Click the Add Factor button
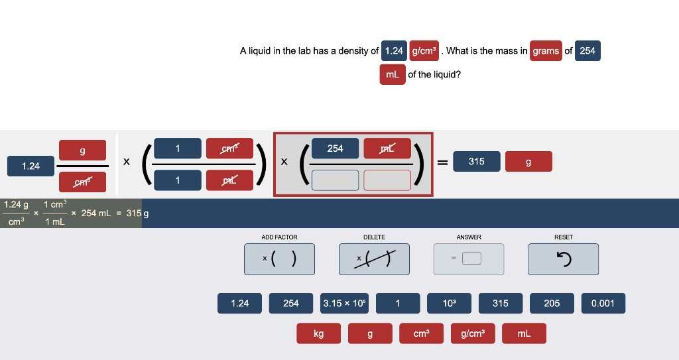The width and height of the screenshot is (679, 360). pos(279,259)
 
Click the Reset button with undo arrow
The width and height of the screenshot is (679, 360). pos(564,259)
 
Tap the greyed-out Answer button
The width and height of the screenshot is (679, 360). pos(469,259)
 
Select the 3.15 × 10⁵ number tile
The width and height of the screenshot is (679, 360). pos(344,303)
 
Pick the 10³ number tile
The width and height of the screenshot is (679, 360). pos(449,303)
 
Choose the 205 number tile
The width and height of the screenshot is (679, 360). pos(552,303)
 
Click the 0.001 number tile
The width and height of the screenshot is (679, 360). pos(603,303)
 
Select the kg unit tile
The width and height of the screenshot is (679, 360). pos(319,333)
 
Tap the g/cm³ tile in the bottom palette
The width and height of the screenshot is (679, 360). pos(473,333)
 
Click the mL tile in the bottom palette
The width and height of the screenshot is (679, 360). pos(524,333)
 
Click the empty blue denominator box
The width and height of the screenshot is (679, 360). pos(335,180)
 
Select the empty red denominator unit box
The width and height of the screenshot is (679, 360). pos(387,180)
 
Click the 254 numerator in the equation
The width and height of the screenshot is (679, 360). pos(335,149)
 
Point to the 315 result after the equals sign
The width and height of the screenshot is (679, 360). pos(476,162)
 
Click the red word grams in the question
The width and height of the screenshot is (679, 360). pos(546,51)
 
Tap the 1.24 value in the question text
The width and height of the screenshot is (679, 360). pos(394,51)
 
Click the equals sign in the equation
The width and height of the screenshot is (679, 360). pos(442,162)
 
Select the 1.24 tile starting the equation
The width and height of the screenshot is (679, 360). pos(31,166)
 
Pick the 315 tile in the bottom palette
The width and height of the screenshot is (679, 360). pos(501,303)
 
